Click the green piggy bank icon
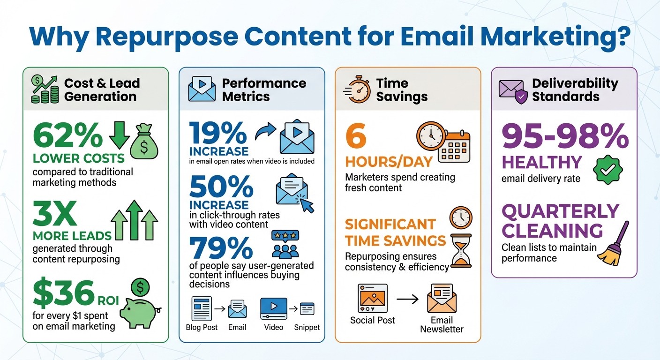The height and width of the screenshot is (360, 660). tap(139, 310)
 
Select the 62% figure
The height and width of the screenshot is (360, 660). tap(67, 136)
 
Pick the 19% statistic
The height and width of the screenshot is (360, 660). tap(218, 134)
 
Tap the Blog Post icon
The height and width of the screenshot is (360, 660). tap(202, 308)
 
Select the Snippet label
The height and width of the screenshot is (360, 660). tap(307, 327)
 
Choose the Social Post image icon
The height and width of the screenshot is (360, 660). tap(373, 298)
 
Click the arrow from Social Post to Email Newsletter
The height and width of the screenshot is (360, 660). tap(407, 299)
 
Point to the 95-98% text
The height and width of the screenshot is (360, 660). tap(565, 136)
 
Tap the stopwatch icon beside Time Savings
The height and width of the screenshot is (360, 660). tap(357, 89)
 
